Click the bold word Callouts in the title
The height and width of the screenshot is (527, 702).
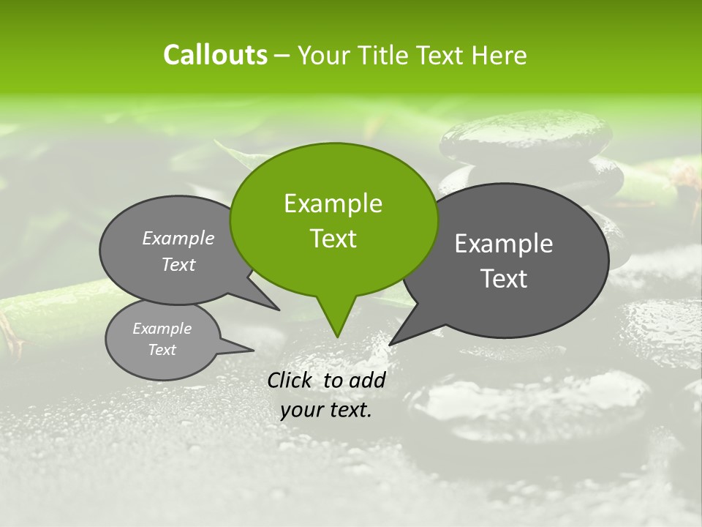click(215, 55)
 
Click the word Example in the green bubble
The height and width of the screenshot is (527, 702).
click(333, 203)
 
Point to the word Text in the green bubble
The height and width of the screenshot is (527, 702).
click(333, 239)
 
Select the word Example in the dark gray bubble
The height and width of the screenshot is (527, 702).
click(503, 244)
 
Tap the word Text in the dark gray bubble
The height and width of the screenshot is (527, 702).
click(504, 279)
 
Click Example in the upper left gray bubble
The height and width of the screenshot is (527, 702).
click(178, 238)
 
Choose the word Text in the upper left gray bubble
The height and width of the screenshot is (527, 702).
click(178, 264)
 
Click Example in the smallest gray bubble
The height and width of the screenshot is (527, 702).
click(162, 329)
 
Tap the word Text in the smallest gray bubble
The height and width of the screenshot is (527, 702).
click(162, 350)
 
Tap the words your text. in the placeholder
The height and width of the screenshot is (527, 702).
click(326, 410)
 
